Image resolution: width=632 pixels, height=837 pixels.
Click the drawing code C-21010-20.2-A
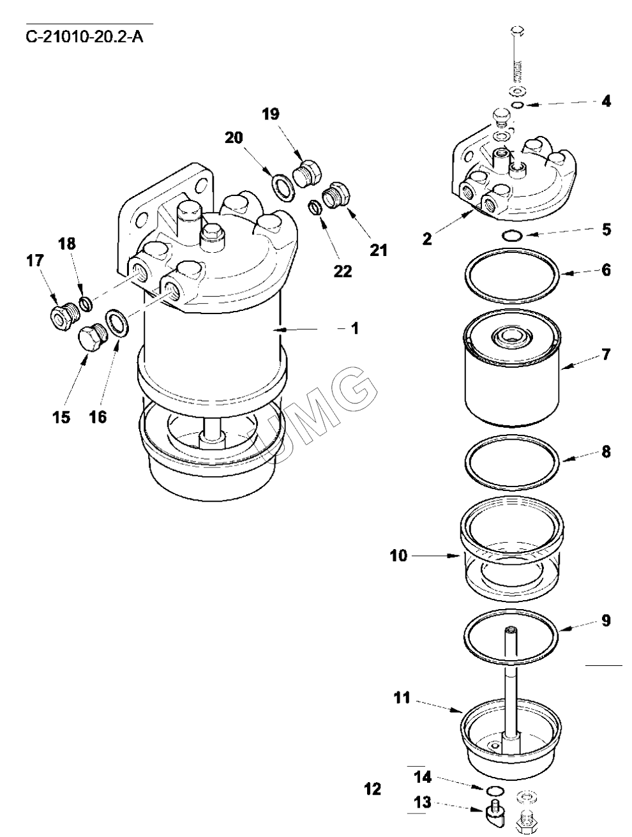point(84,38)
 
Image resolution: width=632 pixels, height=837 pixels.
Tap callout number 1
point(354,328)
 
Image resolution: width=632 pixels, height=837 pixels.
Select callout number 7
point(606,354)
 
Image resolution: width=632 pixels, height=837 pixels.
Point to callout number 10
point(399,555)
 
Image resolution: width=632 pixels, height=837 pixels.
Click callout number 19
point(271,114)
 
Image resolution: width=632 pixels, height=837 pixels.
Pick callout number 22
point(343,271)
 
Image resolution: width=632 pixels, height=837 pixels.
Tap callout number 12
point(372,789)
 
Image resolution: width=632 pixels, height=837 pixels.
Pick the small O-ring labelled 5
point(512,236)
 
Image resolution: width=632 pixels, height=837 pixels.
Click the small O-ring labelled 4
point(518,105)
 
